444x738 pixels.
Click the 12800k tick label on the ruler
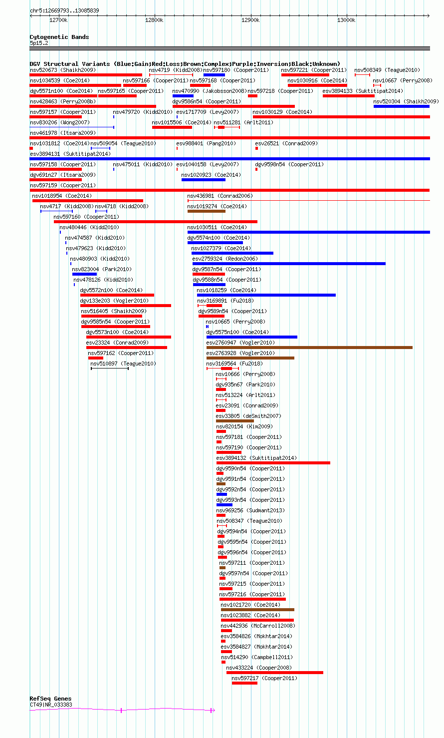pos(154,20)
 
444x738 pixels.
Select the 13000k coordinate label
pos(346,20)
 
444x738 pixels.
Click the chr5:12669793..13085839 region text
pos(64,10)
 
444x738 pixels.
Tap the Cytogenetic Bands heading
pos(59,37)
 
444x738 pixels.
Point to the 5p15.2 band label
pos(39,43)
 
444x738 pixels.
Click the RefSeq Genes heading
pos(50,699)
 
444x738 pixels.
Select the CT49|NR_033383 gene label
pos(51,705)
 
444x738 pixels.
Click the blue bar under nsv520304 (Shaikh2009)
pos(402,106)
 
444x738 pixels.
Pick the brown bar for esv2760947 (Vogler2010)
pos(309,348)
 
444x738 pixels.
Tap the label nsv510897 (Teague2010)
pos(123,364)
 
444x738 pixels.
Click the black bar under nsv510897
pos(110,369)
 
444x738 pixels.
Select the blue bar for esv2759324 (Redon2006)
pos(289,264)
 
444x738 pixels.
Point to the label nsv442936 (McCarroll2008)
pos(258,626)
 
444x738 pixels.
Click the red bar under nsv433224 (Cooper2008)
pos(275,673)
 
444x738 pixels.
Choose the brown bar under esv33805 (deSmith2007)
pos(235,421)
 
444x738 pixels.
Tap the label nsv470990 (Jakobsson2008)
pos(210,91)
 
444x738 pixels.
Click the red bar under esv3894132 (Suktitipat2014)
pos(273,463)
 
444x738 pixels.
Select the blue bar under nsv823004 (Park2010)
pos(85,274)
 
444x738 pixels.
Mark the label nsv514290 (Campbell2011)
pos(257,657)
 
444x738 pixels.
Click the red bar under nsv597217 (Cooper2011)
pos(244,683)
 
